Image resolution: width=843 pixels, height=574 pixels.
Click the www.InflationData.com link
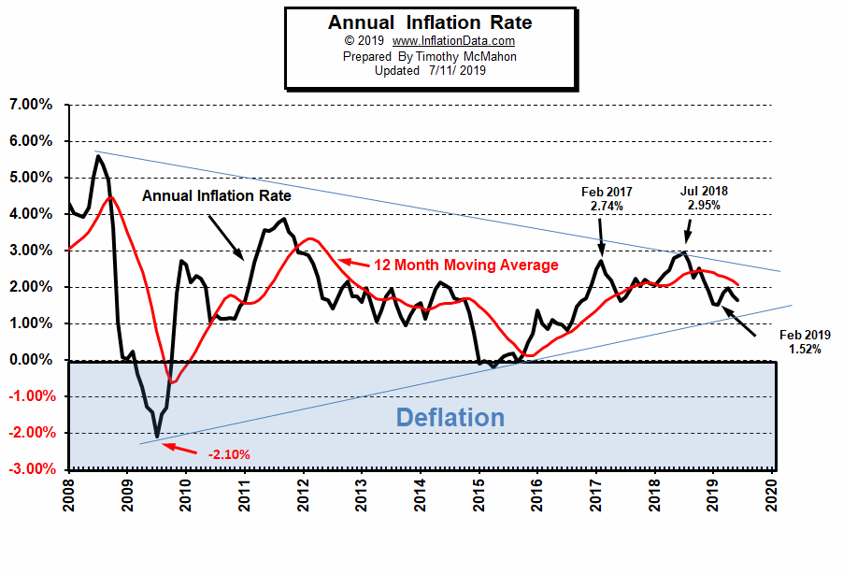453,41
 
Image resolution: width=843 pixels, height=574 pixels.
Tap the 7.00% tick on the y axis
31,105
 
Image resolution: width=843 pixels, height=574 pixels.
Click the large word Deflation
450,417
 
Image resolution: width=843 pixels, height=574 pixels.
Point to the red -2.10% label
228,454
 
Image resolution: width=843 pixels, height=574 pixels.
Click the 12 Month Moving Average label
465,265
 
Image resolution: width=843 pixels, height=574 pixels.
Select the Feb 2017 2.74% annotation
606,199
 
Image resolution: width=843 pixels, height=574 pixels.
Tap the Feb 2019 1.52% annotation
804,341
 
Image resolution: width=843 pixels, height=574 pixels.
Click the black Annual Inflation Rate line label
217,196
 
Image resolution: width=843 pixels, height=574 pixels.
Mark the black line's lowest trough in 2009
157,437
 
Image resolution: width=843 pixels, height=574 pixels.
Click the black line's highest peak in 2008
98,155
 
